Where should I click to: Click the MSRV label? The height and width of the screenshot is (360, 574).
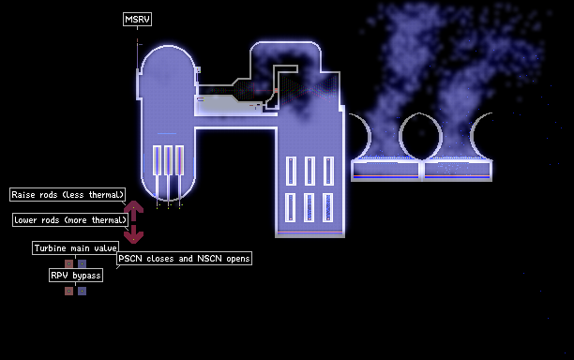tap(137, 19)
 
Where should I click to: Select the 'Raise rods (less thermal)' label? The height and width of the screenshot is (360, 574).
tap(68, 195)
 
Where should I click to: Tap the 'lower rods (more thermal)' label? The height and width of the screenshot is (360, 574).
tap(70, 220)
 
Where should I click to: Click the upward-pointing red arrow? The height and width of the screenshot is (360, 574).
tap(133, 211)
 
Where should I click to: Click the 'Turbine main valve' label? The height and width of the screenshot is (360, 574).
tap(75, 248)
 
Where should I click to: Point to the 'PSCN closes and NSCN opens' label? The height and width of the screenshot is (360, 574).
tap(184, 259)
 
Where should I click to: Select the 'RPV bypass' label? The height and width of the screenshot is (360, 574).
tap(76, 275)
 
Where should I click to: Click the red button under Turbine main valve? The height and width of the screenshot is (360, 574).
tap(68, 263)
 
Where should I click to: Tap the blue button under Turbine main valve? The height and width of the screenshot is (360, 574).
tap(82, 263)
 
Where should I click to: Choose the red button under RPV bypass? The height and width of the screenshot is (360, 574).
tap(68, 291)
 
